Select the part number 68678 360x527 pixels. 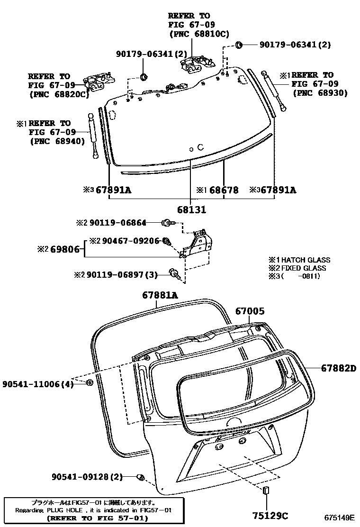coord(224,190)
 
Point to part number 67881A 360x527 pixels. coord(160,295)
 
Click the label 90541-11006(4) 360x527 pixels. coord(37,384)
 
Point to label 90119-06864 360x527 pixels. coord(117,222)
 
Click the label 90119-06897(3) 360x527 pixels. coord(122,274)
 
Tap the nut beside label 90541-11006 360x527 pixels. coord(90,382)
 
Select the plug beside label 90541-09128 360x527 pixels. coord(141,476)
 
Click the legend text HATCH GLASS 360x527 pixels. coord(303,260)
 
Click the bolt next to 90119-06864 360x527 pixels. coord(167,222)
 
